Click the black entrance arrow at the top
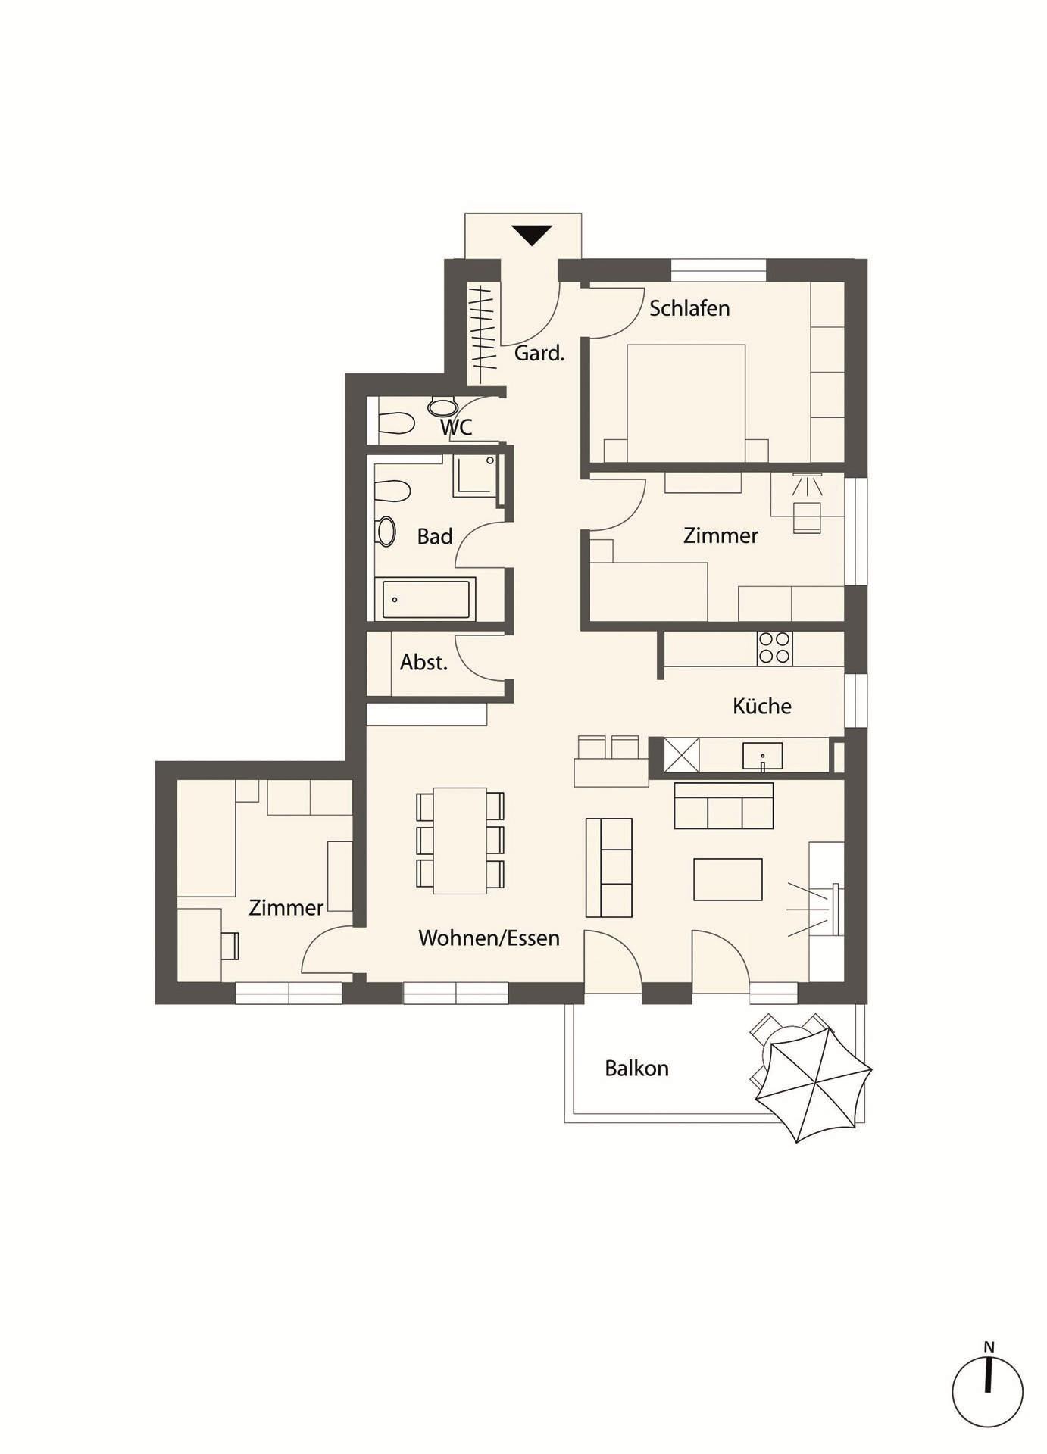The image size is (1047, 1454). [532, 235]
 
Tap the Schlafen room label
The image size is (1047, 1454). [689, 309]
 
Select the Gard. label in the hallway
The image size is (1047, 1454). [539, 353]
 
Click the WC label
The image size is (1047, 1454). [456, 427]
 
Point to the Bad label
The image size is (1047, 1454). [435, 537]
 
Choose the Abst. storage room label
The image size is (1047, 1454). [424, 663]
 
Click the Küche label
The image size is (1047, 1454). [762, 706]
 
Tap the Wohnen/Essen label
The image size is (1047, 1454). [489, 938]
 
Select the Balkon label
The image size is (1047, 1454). [636, 1069]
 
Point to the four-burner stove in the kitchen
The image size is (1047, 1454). [774, 648]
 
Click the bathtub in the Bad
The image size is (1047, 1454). [426, 599]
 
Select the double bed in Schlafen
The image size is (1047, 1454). [686, 403]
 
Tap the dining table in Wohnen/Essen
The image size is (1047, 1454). [460, 841]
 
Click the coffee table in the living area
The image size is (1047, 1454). [728, 879]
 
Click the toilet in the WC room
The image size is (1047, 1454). [395, 423]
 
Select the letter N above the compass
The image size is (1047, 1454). [989, 1347]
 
